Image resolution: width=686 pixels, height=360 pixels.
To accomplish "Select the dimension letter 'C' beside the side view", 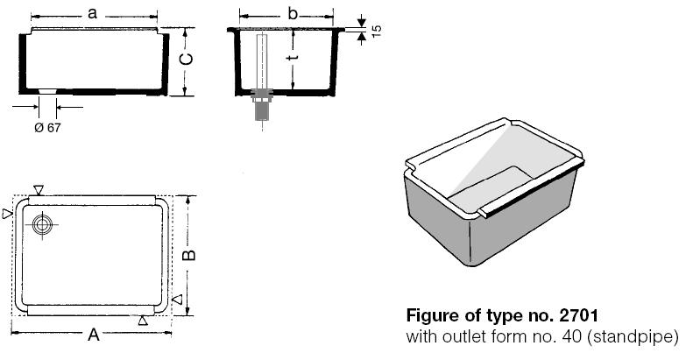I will coord(187,60).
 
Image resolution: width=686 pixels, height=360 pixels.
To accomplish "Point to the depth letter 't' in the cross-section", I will coord(294,59).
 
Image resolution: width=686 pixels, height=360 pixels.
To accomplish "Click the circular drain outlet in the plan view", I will coord(41,225).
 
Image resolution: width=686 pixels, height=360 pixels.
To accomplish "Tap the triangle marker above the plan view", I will coord(38,190).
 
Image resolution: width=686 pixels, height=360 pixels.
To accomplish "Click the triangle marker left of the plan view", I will coord(8,213).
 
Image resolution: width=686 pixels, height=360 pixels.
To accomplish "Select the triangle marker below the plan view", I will coord(143,321).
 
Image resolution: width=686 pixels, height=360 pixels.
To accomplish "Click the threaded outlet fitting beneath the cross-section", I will coord(261,109).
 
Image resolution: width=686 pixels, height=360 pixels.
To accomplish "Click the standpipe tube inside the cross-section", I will coord(261,61).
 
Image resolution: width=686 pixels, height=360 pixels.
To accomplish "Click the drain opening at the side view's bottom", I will coord(46,91).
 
